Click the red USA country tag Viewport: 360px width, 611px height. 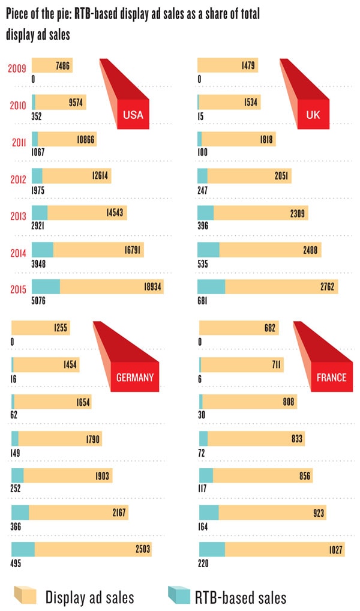[x=133, y=115]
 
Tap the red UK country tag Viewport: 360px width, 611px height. [x=313, y=114]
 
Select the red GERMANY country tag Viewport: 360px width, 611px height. [x=135, y=377]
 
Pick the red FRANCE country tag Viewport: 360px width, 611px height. [x=331, y=377]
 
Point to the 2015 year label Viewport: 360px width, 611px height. [x=17, y=288]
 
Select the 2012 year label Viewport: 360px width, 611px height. [x=17, y=178]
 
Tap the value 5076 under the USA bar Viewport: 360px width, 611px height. [x=40, y=300]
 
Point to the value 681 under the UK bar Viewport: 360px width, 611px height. [x=206, y=300]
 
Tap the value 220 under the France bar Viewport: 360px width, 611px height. [x=205, y=562]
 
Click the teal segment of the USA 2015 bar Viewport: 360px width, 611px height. [x=46, y=286]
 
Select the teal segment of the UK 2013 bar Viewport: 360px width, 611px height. [x=205, y=212]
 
